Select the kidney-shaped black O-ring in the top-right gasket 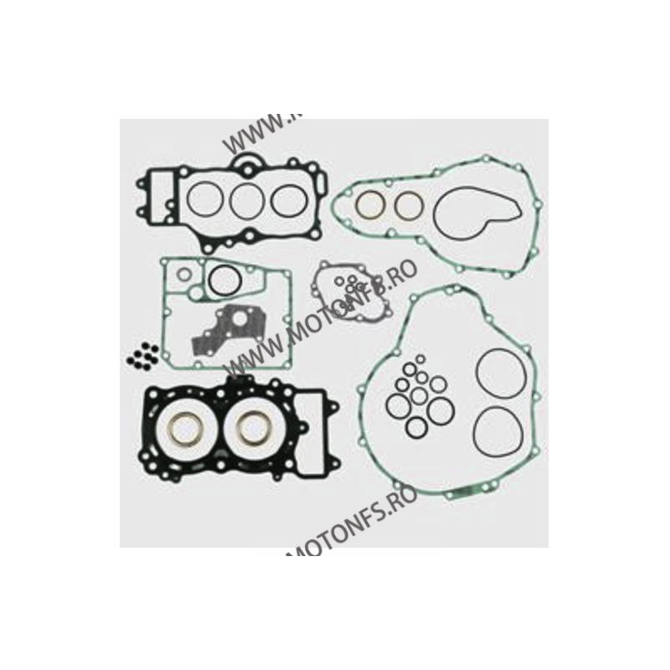coord(464,214)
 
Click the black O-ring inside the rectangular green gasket coord(224,281)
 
